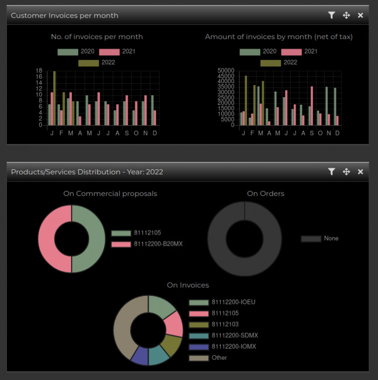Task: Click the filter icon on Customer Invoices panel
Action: [331, 15]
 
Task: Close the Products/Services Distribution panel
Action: [360, 172]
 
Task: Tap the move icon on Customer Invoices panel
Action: [346, 15]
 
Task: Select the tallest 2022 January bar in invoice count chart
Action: [54, 98]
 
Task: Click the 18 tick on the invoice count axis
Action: [39, 71]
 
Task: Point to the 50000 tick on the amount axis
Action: [226, 71]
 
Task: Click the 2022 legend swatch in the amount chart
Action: [271, 63]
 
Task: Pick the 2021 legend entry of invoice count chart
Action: [117, 51]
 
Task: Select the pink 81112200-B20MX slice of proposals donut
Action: [55, 238]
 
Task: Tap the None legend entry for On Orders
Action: [320, 238]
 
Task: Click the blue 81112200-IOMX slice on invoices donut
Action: [141, 355]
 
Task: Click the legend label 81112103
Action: [225, 324]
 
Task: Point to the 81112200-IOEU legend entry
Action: [222, 302]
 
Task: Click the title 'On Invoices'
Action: [188, 285]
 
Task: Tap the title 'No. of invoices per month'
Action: [97, 37]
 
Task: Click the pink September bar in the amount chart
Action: [312, 106]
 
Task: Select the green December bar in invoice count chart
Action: [152, 110]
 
